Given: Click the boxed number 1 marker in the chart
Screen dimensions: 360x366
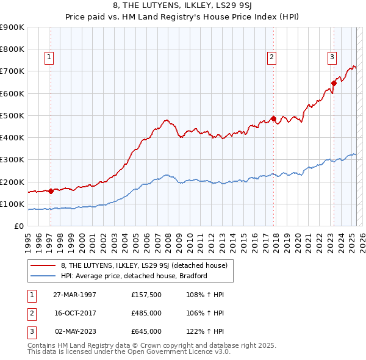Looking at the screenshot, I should point(49,58).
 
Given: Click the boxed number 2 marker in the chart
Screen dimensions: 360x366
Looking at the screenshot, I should point(271,58).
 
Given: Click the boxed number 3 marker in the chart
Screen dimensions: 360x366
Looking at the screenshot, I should point(332,58).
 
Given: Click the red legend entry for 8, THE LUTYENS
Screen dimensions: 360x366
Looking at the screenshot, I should point(144,265).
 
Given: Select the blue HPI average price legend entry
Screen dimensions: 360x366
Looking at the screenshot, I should point(134,276).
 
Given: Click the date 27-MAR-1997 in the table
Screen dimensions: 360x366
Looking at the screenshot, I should point(75,295).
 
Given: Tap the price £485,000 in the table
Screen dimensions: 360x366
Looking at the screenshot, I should point(146,313).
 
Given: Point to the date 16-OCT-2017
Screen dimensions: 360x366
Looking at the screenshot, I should point(75,313).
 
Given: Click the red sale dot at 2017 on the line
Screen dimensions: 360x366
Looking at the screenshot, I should point(274,118).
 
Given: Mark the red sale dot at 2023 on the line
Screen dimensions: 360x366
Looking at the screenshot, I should point(334,83).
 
